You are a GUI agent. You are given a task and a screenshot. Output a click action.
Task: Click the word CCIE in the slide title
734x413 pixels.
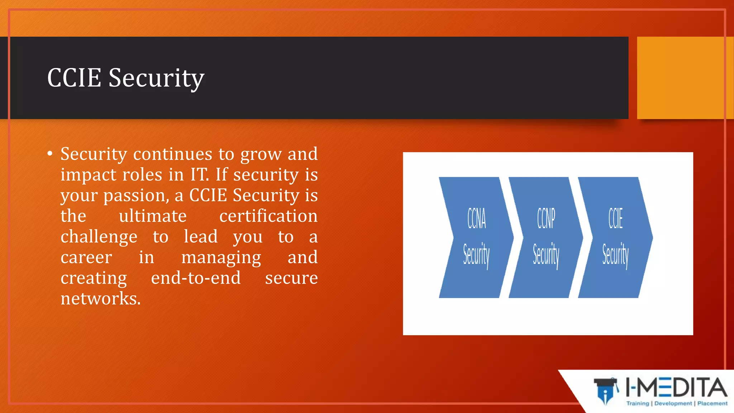click(74, 78)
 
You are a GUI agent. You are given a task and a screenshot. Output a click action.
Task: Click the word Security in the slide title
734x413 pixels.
click(156, 79)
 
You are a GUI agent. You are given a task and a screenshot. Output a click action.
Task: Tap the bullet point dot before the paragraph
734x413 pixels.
click(50, 154)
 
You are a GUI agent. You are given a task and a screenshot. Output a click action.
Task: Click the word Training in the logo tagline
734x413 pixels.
click(638, 403)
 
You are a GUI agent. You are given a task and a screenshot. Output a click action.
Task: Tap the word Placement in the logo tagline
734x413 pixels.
click(712, 403)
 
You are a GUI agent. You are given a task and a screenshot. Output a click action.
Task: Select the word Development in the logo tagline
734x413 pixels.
click(673, 403)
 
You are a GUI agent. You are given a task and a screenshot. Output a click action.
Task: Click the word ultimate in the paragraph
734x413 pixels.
click(153, 216)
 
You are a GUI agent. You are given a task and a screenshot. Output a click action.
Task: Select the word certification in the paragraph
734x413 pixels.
click(268, 216)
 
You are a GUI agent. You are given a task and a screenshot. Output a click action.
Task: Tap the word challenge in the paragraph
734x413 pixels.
click(99, 237)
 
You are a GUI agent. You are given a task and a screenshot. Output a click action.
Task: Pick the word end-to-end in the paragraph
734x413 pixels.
click(196, 278)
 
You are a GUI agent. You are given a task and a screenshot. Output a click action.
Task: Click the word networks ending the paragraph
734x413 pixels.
click(100, 299)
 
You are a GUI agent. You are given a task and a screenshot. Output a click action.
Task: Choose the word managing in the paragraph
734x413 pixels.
click(221, 258)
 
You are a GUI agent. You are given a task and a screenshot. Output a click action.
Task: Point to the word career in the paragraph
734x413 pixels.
click(86, 258)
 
